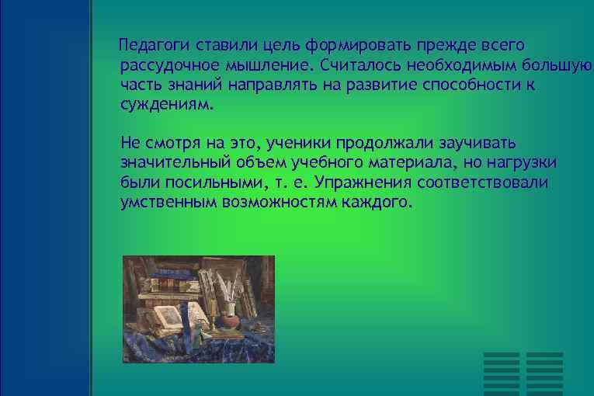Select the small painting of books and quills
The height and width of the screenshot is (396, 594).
coord(199,309)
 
